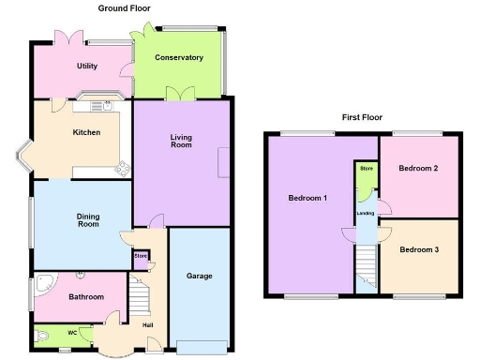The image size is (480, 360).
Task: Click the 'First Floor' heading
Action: tap(362, 119)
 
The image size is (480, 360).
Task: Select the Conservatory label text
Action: tap(179, 58)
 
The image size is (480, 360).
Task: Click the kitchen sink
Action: tap(108, 105)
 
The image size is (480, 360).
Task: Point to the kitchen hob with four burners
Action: tap(121, 170)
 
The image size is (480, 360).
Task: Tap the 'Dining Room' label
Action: tap(88, 221)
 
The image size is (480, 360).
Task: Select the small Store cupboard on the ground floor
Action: tap(142, 257)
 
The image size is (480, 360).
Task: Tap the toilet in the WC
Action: tap(41, 336)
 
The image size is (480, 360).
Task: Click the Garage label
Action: tap(199, 277)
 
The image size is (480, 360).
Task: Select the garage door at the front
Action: tap(201, 346)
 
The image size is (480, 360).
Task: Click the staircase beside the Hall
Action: tap(139, 301)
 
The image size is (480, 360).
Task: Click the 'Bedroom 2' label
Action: tap(419, 169)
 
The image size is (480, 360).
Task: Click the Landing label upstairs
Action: tap(365, 214)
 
